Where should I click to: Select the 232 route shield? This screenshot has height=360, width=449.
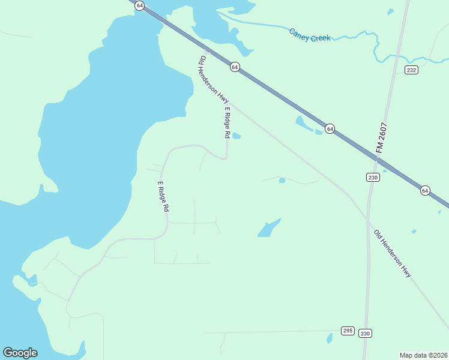[411, 70]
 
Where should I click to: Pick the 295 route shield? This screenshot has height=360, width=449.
[348, 331]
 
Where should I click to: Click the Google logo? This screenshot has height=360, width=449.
[20, 353]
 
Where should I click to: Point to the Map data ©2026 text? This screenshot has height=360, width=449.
[423, 355]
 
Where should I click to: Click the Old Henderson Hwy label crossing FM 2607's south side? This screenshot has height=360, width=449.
[393, 253]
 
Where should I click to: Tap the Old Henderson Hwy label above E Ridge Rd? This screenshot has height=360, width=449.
[214, 80]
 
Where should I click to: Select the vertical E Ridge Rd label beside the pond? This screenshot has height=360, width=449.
[227, 122]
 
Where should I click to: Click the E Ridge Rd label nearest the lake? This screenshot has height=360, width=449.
[163, 197]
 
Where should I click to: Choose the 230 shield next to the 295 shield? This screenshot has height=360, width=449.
[365, 333]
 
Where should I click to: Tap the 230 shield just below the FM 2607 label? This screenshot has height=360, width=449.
[373, 177]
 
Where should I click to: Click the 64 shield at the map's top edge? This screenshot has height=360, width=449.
[139, 5]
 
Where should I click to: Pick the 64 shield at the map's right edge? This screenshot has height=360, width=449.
[425, 191]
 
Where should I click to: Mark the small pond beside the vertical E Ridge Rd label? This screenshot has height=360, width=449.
[237, 136]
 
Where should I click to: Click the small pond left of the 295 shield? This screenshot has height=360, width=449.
[330, 338]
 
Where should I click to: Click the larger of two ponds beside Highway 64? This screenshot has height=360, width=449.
[301, 123]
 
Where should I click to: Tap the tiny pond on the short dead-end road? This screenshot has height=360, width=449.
[282, 180]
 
